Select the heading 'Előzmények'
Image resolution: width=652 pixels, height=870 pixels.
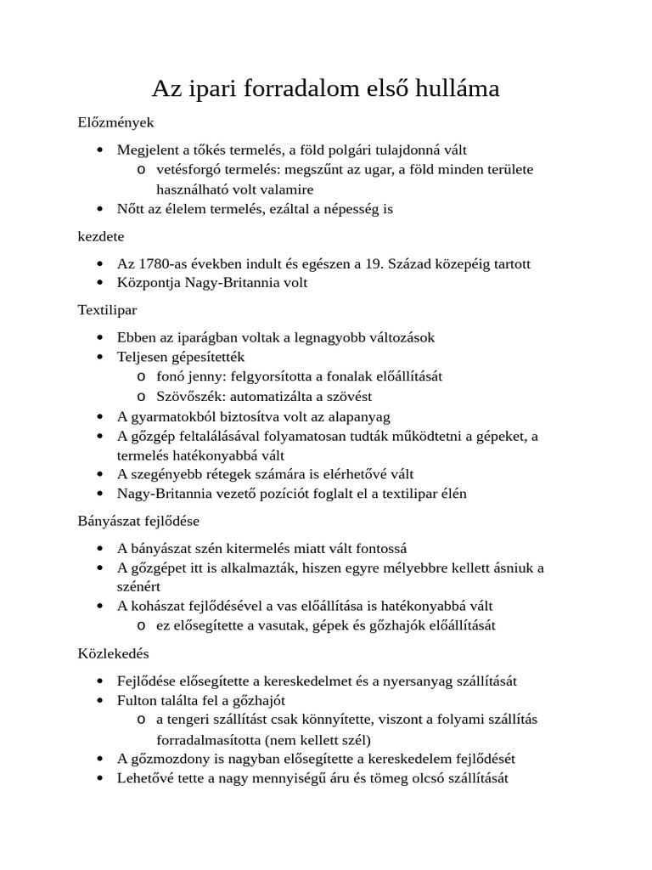pyautogui.click(x=115, y=122)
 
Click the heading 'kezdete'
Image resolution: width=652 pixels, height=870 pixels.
pyautogui.click(x=101, y=236)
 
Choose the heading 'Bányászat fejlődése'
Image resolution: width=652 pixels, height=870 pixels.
pyautogui.click(x=138, y=519)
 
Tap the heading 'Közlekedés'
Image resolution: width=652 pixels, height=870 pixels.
pyautogui.click(x=113, y=653)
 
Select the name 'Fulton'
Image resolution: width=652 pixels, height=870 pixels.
pyautogui.click(x=137, y=700)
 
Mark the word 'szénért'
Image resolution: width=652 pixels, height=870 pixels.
pyautogui.click(x=138, y=586)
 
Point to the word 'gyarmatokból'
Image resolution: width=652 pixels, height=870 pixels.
pyautogui.click(x=170, y=415)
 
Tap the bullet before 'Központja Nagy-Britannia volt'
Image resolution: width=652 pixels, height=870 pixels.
pyautogui.click(x=100, y=283)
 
